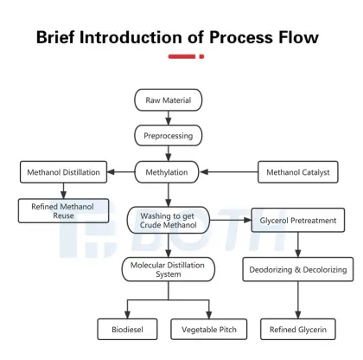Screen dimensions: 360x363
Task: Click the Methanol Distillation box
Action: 63,172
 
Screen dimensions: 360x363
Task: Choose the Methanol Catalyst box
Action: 297,172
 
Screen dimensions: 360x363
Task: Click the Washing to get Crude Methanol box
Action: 169,220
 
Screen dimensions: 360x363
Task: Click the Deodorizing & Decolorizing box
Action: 297,270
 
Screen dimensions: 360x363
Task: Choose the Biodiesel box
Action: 128,330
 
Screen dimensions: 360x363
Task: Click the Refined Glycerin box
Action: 297,330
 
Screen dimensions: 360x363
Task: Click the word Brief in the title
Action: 62,37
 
